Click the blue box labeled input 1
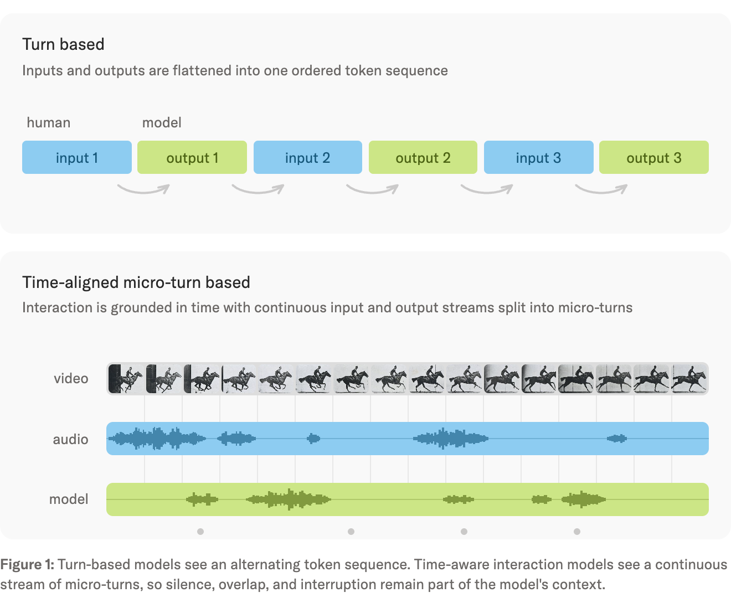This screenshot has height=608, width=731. [76, 157]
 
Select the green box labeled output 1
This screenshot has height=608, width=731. [192, 157]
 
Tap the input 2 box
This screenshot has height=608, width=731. [308, 157]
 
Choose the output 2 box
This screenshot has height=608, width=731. [423, 157]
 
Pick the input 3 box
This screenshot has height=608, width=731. [538, 157]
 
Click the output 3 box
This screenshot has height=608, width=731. [653, 157]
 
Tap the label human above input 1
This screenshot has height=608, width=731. [49, 122]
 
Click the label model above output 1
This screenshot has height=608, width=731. [161, 122]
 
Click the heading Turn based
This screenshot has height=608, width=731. [63, 44]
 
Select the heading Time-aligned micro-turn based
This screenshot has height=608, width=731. [136, 282]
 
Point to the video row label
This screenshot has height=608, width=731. [71, 378]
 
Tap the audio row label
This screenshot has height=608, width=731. [70, 439]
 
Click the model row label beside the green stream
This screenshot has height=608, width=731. [69, 499]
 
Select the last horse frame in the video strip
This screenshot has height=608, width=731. [689, 378]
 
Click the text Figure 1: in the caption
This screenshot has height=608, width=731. [27, 565]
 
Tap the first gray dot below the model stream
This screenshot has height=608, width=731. [200, 532]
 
